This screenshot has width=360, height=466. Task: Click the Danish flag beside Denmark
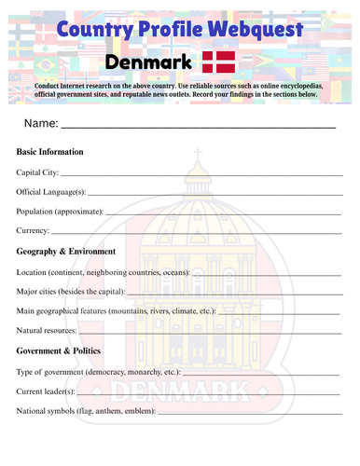click(x=218, y=62)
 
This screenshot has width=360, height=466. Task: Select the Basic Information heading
click(x=50, y=152)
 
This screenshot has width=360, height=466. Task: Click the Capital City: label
click(x=38, y=172)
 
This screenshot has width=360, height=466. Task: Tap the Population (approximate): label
click(x=61, y=211)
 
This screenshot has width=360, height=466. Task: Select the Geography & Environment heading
click(x=66, y=252)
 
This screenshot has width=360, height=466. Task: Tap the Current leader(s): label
click(x=50, y=391)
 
